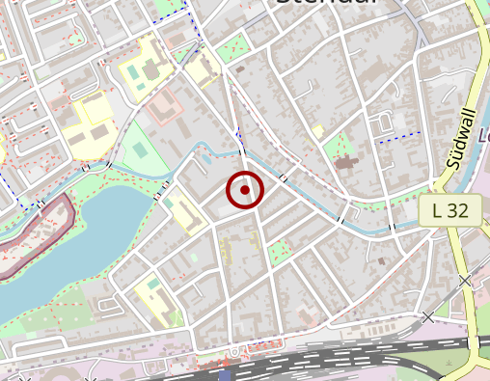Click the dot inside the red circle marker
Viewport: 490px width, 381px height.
(245, 190)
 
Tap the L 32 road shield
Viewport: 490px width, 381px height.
(450, 209)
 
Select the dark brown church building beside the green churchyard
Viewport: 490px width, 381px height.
(344, 162)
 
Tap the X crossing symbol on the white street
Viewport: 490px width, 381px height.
(428, 316)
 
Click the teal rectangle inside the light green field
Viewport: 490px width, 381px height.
(141, 150)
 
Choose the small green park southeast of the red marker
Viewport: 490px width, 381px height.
(279, 253)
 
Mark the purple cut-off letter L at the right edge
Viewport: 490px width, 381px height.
(484, 136)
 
